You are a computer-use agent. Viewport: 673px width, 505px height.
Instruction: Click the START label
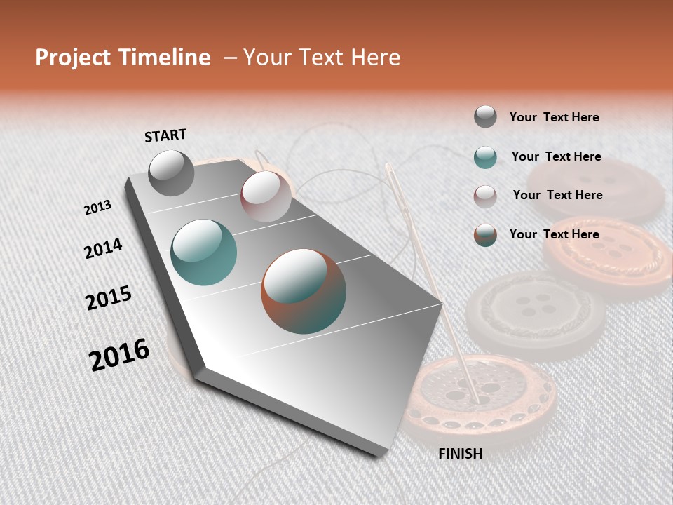point(165,135)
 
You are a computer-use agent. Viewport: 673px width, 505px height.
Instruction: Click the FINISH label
point(460,454)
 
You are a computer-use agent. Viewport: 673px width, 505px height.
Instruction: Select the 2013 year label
point(98,208)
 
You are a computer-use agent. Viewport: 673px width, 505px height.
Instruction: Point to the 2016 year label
point(119,354)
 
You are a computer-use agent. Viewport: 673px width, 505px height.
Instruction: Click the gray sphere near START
point(171,173)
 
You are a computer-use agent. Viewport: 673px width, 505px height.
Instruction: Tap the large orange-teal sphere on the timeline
point(304,290)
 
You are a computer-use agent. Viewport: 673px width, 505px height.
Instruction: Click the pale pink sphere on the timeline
point(265,196)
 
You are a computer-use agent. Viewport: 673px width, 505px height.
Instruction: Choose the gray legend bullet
point(485,116)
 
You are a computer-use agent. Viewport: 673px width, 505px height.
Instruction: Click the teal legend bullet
point(485,157)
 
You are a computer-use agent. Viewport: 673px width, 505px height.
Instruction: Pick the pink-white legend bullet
point(485,196)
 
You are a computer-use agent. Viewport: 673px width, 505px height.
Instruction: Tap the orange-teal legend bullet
point(485,235)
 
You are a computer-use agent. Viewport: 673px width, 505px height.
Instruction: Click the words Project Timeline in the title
point(123,58)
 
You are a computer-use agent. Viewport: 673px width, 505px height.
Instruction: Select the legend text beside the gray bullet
point(554,118)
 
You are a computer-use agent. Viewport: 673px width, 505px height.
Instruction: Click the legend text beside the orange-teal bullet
point(554,234)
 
